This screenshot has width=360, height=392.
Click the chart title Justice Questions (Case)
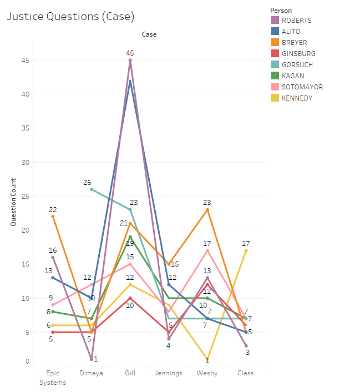pyautogui.click(x=70, y=17)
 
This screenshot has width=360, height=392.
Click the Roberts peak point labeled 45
pyautogui.click(x=130, y=60)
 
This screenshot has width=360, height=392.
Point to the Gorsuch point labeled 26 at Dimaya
pyautogui.click(x=92, y=189)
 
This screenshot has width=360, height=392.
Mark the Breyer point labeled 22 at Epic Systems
pyautogui.click(x=53, y=217)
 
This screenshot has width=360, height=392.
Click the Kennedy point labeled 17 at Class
pyautogui.click(x=246, y=250)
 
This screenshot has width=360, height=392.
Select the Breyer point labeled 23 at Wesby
pyautogui.click(x=207, y=209)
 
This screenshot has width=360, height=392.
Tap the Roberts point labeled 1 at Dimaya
pyautogui.click(x=92, y=359)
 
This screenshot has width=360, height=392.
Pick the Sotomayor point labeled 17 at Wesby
pyautogui.click(x=207, y=250)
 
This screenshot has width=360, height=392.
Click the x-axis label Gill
pyautogui.click(x=130, y=374)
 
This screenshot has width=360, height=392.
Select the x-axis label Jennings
pyautogui.click(x=169, y=374)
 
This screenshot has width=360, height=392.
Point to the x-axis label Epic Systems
pyautogui.click(x=53, y=378)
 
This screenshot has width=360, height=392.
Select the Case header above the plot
pyautogui.click(x=149, y=34)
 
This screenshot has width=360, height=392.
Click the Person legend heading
pyautogui.click(x=281, y=10)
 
